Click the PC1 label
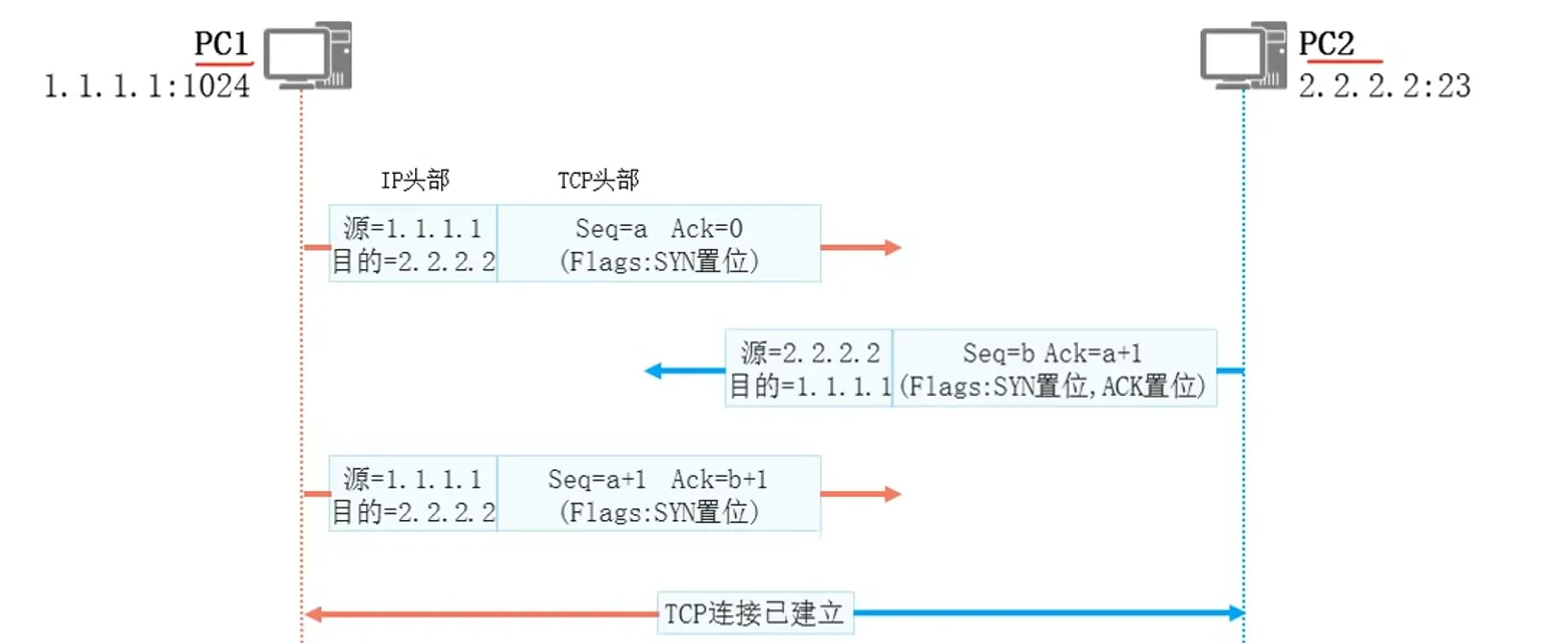tap(222, 44)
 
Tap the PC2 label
tap(1326, 44)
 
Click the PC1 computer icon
tap(307, 56)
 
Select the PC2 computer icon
tap(1243, 56)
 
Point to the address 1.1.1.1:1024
tap(147, 87)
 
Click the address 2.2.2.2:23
tap(1384, 87)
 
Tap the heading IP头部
tap(415, 180)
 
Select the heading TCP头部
tap(599, 180)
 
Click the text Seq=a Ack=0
tap(659, 229)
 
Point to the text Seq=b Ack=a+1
tap(1052, 354)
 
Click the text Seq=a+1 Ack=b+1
tap(658, 480)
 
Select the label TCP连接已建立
tap(754, 613)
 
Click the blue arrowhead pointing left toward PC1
tap(653, 371)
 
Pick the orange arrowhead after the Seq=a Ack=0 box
tap(893, 248)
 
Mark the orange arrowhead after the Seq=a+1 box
tap(893, 495)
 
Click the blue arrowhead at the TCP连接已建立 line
tap(1236, 613)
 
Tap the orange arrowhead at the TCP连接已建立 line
tap(312, 614)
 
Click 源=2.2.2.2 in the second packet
tap(810, 354)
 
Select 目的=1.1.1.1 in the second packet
tap(810, 386)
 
